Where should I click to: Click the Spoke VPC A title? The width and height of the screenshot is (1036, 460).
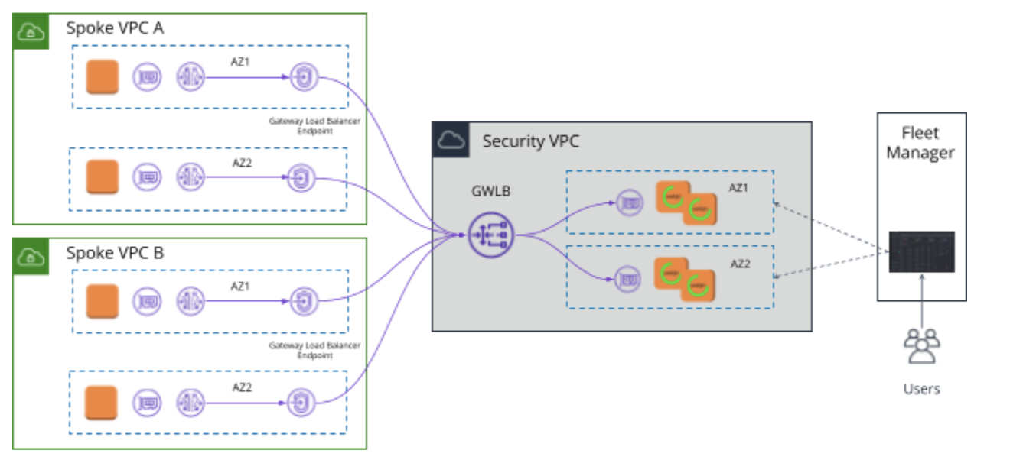(115, 29)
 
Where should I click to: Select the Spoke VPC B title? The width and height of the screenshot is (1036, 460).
(115, 253)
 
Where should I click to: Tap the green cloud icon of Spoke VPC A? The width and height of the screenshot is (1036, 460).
(31, 31)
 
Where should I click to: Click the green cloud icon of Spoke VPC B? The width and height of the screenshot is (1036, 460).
(31, 255)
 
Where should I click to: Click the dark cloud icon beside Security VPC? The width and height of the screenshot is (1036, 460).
(451, 140)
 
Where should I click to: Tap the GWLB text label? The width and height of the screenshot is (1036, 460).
(490, 191)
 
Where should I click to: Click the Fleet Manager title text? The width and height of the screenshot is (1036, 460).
(920, 143)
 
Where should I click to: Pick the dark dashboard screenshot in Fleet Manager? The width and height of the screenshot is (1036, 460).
(921, 251)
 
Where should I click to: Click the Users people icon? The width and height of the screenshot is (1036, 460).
(921, 346)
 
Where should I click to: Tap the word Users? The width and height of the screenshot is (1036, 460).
(921, 389)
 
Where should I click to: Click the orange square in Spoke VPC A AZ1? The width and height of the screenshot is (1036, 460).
(102, 77)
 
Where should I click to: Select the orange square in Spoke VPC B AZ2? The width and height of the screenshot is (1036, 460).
(102, 403)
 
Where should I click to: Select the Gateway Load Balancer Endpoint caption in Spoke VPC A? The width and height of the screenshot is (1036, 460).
(314, 125)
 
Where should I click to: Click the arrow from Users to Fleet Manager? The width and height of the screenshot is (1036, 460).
(921, 302)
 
